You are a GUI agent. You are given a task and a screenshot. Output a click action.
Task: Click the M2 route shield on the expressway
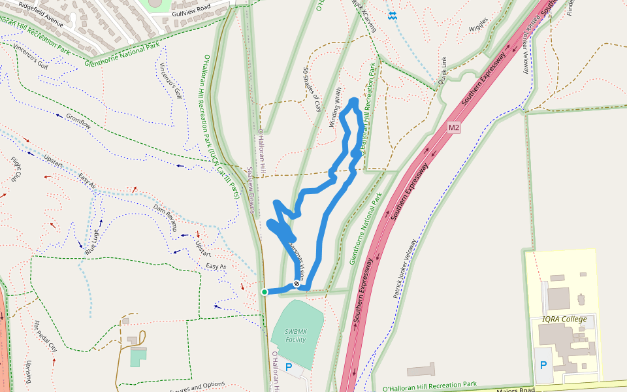(455, 127)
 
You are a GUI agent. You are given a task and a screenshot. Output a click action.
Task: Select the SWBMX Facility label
(296, 335)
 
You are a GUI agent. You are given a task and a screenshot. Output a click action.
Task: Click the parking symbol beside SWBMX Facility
(288, 367)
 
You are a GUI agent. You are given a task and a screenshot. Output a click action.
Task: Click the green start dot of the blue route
(265, 292)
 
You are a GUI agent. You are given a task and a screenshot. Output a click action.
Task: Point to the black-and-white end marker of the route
(297, 284)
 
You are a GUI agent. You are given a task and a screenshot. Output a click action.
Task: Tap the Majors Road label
(516, 389)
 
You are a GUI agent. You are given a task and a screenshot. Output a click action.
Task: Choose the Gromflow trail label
(78, 121)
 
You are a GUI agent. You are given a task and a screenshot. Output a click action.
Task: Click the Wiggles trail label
(478, 25)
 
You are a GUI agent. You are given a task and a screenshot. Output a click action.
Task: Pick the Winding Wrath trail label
(335, 107)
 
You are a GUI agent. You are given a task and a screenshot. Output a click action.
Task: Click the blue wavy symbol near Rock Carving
(392, 16)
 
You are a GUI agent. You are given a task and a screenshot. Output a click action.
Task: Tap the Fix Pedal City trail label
(45, 336)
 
